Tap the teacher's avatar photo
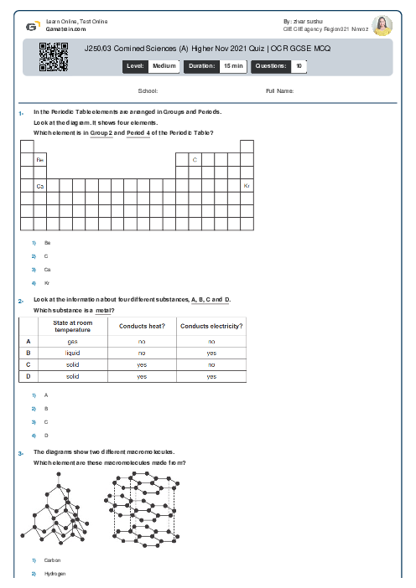click(x=382, y=25)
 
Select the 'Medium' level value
click(x=164, y=64)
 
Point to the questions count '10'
click(x=299, y=64)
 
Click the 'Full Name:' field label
click(x=279, y=90)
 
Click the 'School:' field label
click(x=148, y=90)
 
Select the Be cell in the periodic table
click(x=39, y=159)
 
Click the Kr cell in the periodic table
click(x=247, y=185)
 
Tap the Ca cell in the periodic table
click(x=39, y=185)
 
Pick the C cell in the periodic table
click(x=195, y=159)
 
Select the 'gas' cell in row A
click(x=73, y=342)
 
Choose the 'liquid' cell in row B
click(x=73, y=353)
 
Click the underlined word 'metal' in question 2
click(x=104, y=310)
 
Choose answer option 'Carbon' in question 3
click(x=52, y=560)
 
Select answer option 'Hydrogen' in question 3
click(x=54, y=574)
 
